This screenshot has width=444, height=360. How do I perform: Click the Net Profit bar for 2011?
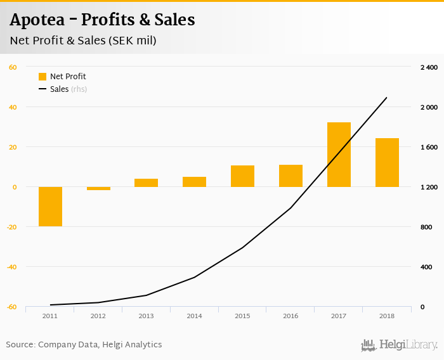50,207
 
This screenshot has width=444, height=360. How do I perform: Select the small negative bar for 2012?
98,188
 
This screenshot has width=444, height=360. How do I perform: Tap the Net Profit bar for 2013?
146,183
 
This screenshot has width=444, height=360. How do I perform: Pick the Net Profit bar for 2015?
242,176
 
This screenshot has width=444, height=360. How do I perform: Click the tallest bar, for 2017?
339,155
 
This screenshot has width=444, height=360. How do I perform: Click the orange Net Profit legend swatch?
42,77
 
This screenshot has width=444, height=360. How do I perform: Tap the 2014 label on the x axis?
194,316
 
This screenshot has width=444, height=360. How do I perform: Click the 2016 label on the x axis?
291,316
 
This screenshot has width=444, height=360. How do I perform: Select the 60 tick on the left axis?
13,67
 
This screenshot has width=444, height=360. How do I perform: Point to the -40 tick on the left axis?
11,267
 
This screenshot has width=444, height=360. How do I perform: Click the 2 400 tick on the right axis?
429,67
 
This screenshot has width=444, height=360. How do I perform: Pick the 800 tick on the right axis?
426,227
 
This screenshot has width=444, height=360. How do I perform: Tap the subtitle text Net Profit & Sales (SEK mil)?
83,41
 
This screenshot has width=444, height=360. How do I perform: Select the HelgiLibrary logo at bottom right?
400,345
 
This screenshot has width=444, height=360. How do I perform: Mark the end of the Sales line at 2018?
386,98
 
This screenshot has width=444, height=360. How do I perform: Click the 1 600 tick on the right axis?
429,147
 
